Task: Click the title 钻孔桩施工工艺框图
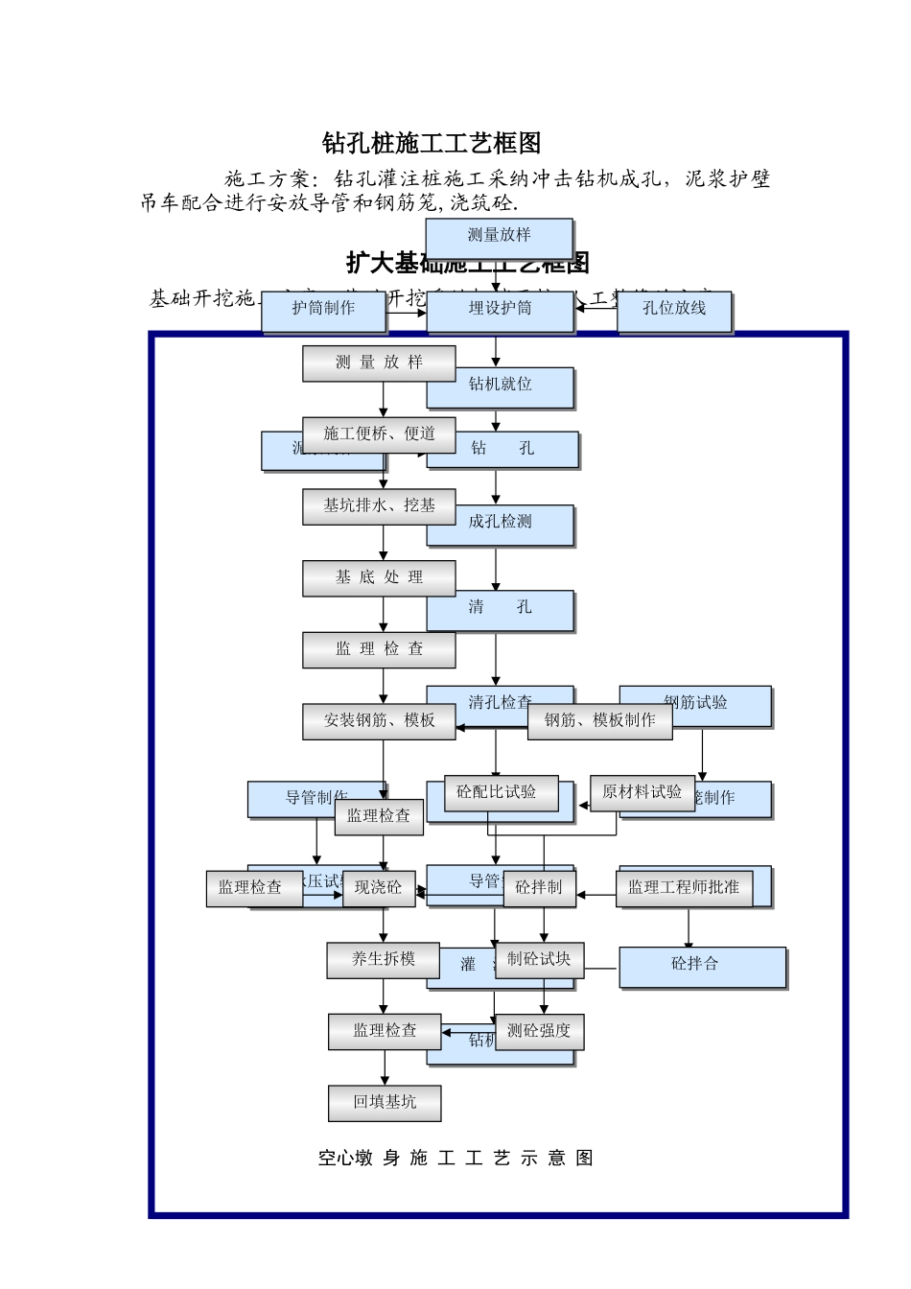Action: pyautogui.click(x=432, y=144)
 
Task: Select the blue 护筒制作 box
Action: pyautogui.click(x=323, y=309)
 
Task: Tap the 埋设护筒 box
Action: pyautogui.click(x=500, y=309)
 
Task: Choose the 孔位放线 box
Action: pyautogui.click(x=674, y=309)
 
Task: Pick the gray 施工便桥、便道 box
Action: pyautogui.click(x=379, y=434)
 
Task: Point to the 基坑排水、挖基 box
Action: pyautogui.click(x=379, y=505)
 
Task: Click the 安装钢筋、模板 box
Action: pyautogui.click(x=379, y=720)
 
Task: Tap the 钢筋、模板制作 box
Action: pyautogui.click(x=599, y=720)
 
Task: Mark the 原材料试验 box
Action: pyautogui.click(x=641, y=792)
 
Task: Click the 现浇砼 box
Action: pyautogui.click(x=378, y=888)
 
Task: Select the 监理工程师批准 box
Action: pyautogui.click(x=684, y=888)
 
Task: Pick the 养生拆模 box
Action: pyautogui.click(x=383, y=959)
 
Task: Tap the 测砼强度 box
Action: pyautogui.click(x=539, y=1031)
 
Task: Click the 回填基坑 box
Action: pyautogui.click(x=385, y=1103)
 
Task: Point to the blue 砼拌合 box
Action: pyautogui.click(x=702, y=966)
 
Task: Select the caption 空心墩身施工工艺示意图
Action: pyautogui.click(x=455, y=1159)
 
